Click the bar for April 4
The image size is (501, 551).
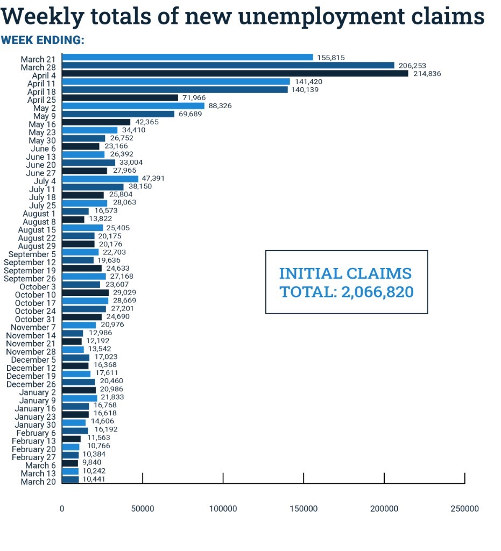point(235,73)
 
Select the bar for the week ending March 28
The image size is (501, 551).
point(228,65)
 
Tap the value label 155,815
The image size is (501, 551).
point(331,58)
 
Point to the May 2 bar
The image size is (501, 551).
point(133,106)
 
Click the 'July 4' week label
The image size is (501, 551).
point(45,181)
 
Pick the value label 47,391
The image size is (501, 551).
point(152,179)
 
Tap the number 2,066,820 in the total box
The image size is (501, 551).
point(377,292)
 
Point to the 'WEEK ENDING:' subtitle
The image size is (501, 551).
point(43,41)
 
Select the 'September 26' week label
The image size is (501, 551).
point(30,279)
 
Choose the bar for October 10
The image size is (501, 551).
point(85,292)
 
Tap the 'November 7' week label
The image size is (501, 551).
point(33,327)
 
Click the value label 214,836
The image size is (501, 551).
point(427,74)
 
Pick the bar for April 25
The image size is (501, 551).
point(120,98)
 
